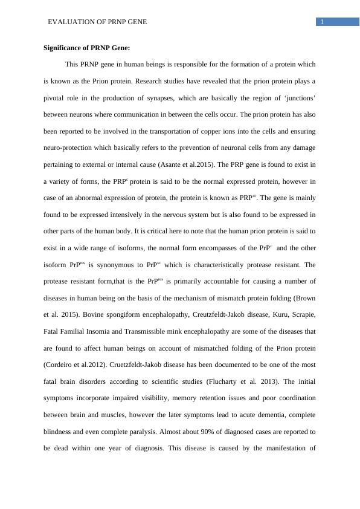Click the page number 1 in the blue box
point(323,22)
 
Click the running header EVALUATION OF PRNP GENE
point(97,22)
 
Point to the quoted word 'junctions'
point(298,98)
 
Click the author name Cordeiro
point(62,365)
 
